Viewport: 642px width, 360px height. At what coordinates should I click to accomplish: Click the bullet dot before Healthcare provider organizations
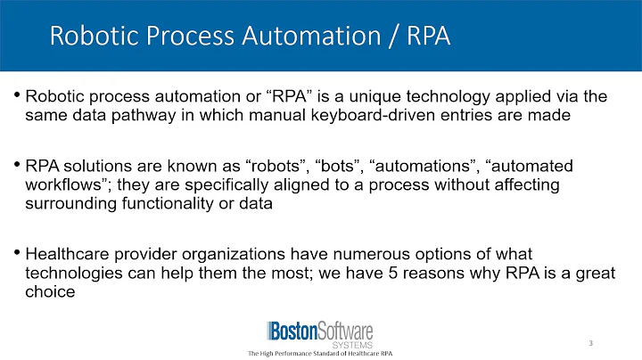point(19,250)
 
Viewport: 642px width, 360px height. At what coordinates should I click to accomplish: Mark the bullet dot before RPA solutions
point(19,166)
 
